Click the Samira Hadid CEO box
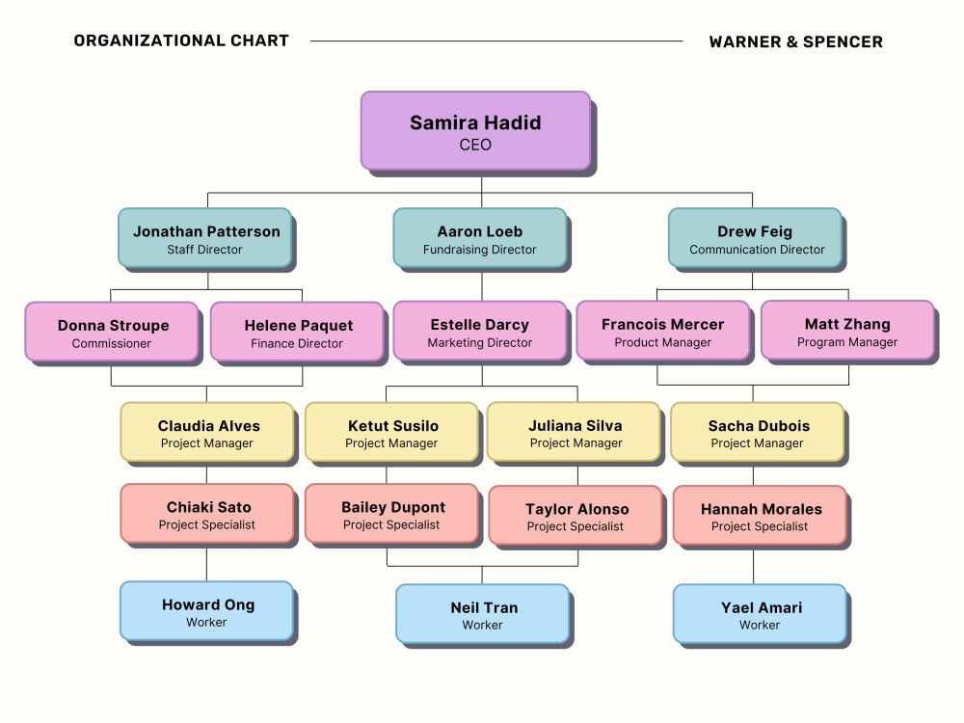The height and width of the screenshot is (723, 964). point(475,131)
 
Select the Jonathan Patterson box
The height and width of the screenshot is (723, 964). point(205,238)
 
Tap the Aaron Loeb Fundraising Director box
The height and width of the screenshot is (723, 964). point(480,238)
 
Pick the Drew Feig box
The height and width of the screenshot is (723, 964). point(755,238)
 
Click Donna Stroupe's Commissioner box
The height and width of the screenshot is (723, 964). point(112,332)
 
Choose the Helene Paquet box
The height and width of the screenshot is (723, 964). point(297,332)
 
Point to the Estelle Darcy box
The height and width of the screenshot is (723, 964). point(480,331)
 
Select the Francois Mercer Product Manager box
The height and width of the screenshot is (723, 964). point(663,330)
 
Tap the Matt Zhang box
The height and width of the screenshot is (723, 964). point(847,330)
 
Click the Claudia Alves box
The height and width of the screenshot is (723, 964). point(207,432)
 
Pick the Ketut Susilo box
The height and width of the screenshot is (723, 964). point(391,432)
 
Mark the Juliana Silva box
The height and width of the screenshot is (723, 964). point(574,432)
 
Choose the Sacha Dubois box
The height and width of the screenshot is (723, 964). point(758,432)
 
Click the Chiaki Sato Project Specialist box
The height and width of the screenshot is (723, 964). point(207,514)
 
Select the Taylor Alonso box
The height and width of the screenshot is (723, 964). point(576,515)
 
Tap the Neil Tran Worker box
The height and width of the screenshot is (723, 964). point(483,613)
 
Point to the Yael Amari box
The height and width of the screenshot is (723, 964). point(760,613)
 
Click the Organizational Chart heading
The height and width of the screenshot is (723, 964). point(181,40)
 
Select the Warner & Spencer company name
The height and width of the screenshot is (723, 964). point(796,41)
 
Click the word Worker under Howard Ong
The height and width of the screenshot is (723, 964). point(206,622)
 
